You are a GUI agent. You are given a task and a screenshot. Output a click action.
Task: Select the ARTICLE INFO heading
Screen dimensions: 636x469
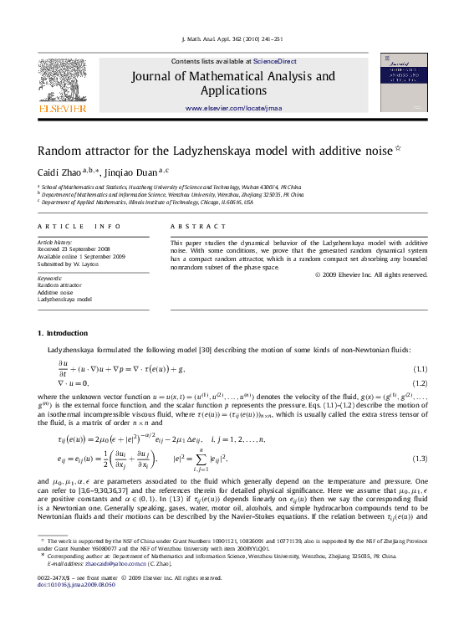(74, 227)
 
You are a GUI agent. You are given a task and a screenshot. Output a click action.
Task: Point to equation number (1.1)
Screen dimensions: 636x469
(421, 369)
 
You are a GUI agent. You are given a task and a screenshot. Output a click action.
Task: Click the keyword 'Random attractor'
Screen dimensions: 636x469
(59, 285)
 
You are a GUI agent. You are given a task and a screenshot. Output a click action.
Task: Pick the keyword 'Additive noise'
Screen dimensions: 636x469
(57, 291)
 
